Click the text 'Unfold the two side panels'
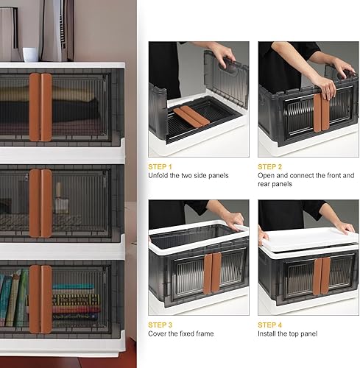(188, 176)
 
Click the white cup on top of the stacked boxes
(30, 55)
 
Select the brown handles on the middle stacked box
(40, 203)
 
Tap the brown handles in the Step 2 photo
(321, 112)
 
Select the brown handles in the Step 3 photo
(212, 273)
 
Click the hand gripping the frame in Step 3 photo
(234, 219)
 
